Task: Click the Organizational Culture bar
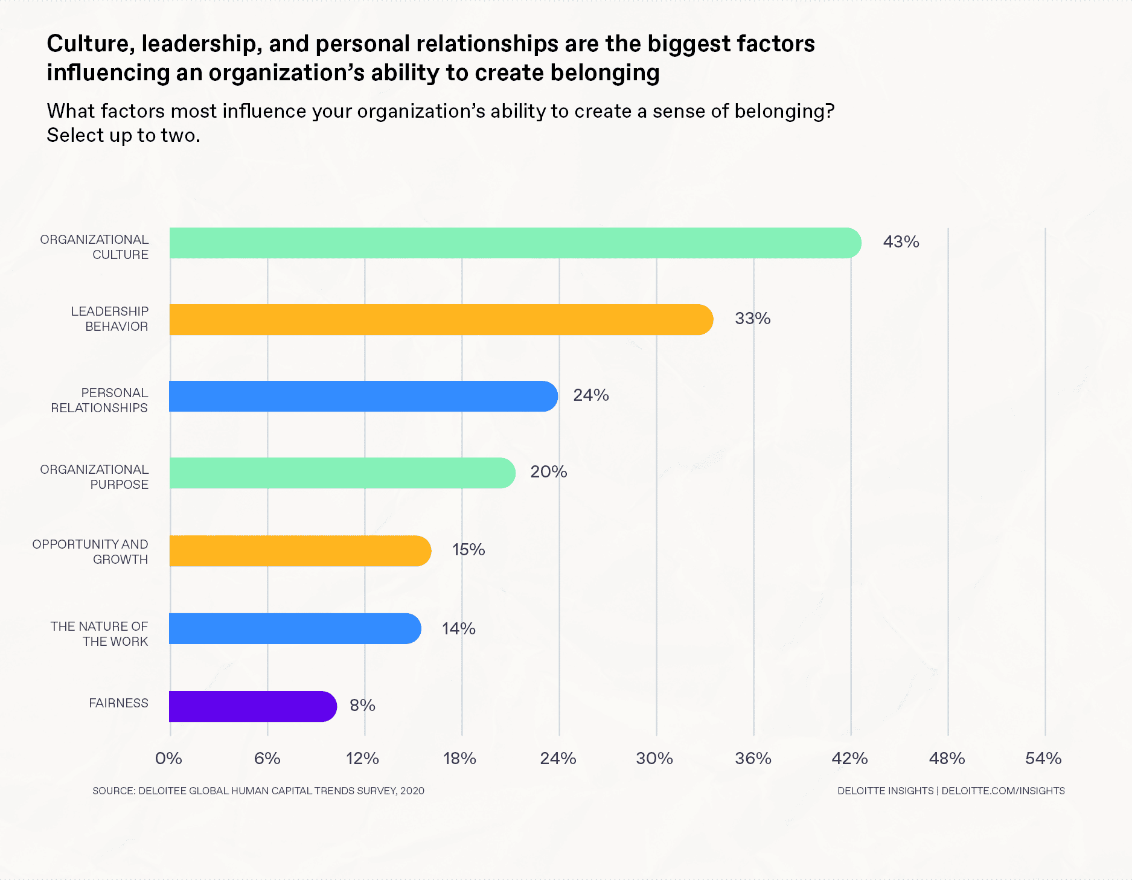click(515, 243)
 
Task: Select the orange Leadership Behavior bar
click(441, 320)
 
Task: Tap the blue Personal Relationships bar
click(363, 397)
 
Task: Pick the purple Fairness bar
click(252, 706)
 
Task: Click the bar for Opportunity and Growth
click(300, 551)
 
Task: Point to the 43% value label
click(901, 242)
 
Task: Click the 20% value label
click(548, 472)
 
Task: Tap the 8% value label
click(362, 706)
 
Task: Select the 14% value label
click(458, 629)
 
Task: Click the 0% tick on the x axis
click(168, 759)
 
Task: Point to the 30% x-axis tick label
click(654, 759)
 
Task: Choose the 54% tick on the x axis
click(1043, 759)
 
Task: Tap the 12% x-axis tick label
click(362, 759)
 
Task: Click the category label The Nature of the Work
click(99, 634)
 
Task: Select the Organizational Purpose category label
click(94, 477)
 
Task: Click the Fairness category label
click(118, 703)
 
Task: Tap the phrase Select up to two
click(123, 135)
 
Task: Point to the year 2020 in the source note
click(412, 791)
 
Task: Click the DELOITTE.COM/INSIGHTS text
click(1003, 791)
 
